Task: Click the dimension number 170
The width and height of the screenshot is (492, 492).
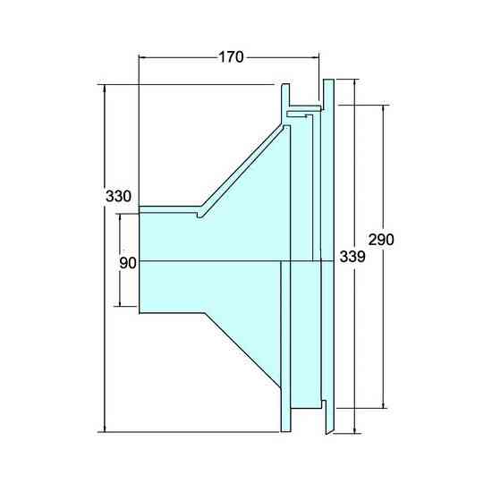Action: (x=231, y=57)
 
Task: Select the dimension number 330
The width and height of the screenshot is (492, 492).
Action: (x=118, y=197)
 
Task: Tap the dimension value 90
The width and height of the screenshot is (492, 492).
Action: (x=128, y=263)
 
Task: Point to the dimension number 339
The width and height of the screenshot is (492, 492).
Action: (x=352, y=257)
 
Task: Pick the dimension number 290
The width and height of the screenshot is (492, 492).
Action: (x=381, y=240)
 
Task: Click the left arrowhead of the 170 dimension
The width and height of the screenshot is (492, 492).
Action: (x=143, y=57)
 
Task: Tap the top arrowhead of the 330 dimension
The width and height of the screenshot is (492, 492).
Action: (x=105, y=89)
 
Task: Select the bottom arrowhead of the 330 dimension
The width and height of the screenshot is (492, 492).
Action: (x=105, y=428)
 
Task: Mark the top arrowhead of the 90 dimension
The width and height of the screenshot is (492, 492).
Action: (x=120, y=218)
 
